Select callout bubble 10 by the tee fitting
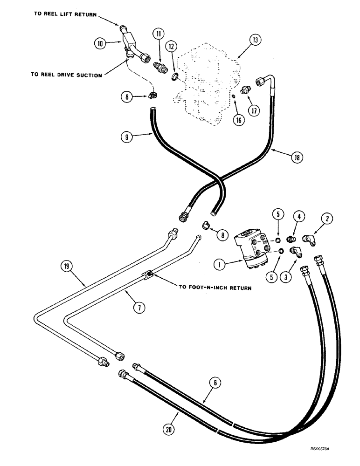pyautogui.click(x=100, y=44)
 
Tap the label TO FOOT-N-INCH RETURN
pyautogui.click(x=215, y=288)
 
